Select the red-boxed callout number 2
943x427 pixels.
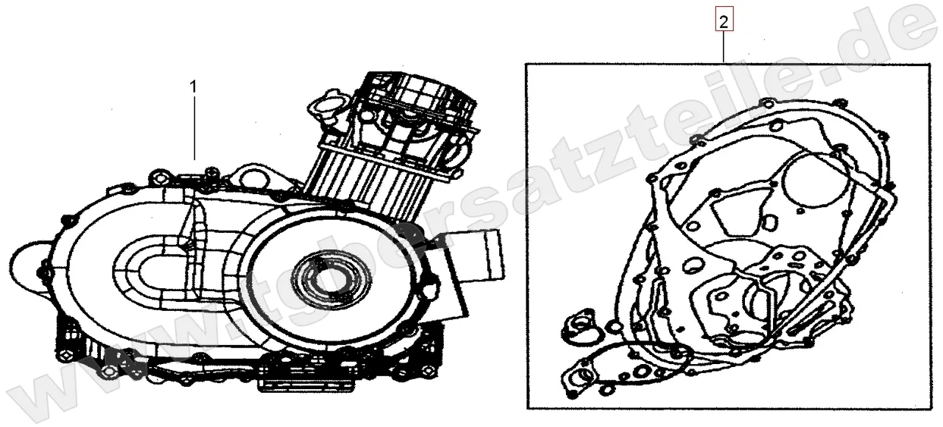(724, 23)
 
